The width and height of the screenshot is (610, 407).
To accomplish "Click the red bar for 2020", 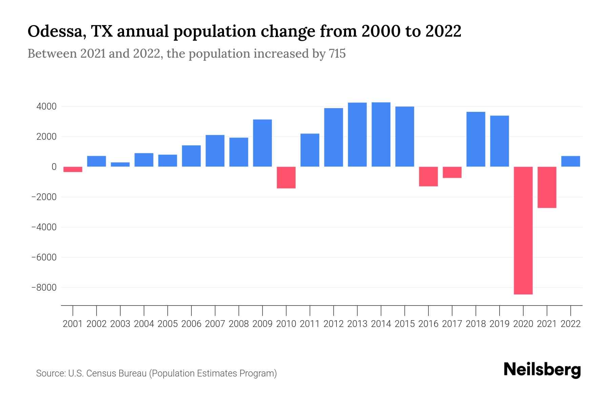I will (523, 231).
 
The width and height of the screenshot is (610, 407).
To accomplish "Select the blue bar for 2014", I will (381, 135).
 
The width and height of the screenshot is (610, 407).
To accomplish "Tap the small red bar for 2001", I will (73, 169).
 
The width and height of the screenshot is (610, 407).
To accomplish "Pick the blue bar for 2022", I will (571, 161).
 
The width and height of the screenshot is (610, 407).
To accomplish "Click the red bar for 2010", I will (286, 177).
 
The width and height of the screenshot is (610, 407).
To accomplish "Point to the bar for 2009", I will (262, 143).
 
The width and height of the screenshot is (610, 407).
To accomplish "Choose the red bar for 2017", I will (452, 172).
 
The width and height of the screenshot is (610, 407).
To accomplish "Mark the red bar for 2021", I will (547, 187).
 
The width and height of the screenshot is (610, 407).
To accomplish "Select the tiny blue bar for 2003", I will (120, 164).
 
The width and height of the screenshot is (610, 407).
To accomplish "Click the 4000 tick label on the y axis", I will (47, 107).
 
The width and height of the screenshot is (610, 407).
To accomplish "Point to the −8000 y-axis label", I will (44, 288).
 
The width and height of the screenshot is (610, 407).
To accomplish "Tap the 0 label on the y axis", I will (54, 167).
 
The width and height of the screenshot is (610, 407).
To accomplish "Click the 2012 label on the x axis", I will (333, 324).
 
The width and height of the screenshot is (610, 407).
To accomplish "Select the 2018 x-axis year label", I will (476, 324).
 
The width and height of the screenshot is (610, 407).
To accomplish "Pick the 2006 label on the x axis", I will (191, 324).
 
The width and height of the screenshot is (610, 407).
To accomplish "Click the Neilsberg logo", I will (542, 370).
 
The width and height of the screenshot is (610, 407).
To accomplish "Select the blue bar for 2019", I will (500, 141).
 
